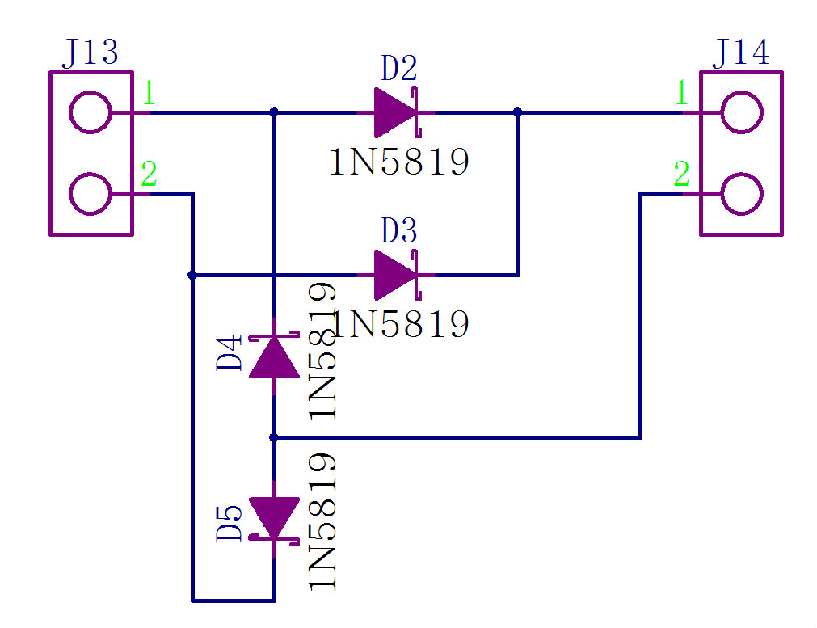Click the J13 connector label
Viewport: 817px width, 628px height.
click(90, 53)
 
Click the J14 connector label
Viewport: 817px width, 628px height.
click(740, 53)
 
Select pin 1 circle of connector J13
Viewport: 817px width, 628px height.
click(91, 112)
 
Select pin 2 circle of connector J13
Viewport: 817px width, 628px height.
click(91, 194)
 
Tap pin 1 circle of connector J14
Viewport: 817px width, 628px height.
click(741, 112)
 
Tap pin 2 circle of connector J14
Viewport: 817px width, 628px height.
click(741, 194)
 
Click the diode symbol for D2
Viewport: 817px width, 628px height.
click(396, 112)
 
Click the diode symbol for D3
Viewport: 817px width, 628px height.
click(396, 275)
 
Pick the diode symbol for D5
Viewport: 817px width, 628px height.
click(274, 518)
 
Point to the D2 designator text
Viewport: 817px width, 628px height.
click(399, 70)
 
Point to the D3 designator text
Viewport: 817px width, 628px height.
click(399, 232)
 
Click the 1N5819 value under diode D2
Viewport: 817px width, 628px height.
click(399, 162)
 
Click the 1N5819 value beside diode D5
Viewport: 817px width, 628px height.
click(322, 522)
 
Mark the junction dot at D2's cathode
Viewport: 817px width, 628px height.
click(517, 112)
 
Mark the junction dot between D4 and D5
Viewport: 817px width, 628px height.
click(274, 437)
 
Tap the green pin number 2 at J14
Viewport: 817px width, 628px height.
click(681, 174)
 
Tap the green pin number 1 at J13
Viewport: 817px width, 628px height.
click(149, 94)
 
